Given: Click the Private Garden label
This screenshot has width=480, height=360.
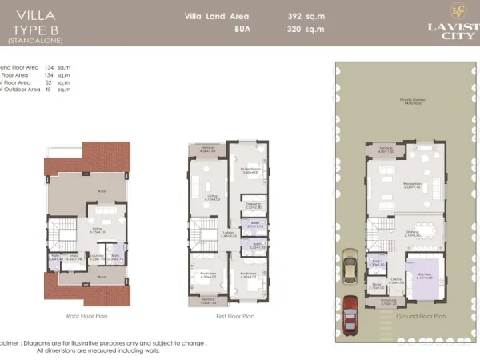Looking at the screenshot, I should [413, 101].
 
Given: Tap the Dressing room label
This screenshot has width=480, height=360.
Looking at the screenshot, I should [253, 205].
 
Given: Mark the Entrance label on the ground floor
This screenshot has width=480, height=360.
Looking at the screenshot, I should [390, 302].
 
